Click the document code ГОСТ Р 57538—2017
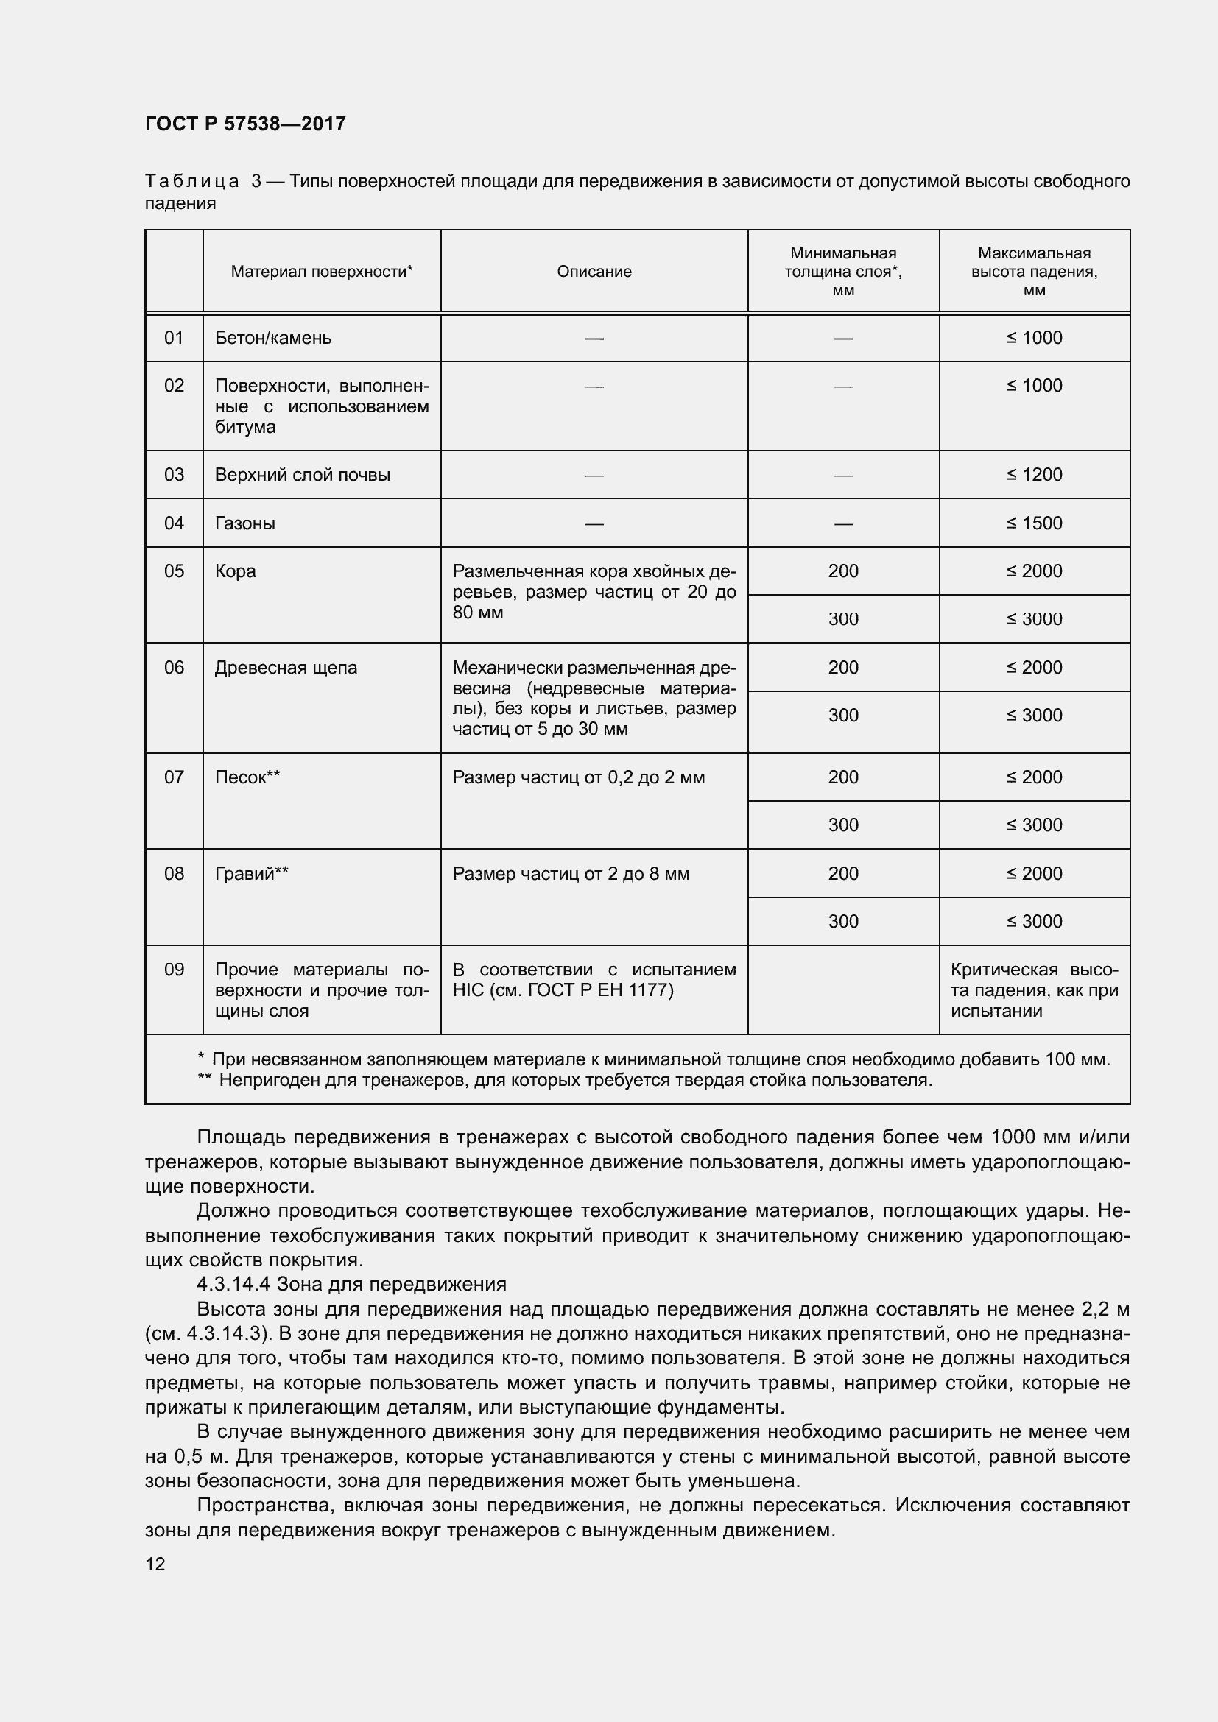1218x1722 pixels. [x=245, y=124]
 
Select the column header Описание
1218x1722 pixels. [x=594, y=272]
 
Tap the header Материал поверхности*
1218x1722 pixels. [x=322, y=272]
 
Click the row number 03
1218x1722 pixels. [x=174, y=475]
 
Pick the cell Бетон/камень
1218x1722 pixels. [x=273, y=338]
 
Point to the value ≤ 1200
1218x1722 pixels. [x=1034, y=475]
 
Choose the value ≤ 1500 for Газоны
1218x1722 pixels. [x=1034, y=523]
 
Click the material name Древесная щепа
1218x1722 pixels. [x=286, y=668]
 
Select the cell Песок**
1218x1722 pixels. [x=247, y=777]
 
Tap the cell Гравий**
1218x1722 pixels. [x=252, y=874]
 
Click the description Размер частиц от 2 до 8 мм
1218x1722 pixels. [x=571, y=874]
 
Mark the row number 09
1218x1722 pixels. [x=174, y=970]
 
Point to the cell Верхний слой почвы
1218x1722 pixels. [x=302, y=475]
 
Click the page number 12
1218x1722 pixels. [x=155, y=1564]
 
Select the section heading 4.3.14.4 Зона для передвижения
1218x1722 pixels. [x=351, y=1285]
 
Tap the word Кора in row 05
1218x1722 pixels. [x=236, y=571]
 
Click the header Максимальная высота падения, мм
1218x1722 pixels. [x=1034, y=272]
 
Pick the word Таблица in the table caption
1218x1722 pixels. [x=192, y=182]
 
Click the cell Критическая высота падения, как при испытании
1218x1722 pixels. [x=1034, y=990]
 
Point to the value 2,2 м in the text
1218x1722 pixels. [x=1105, y=1310]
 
